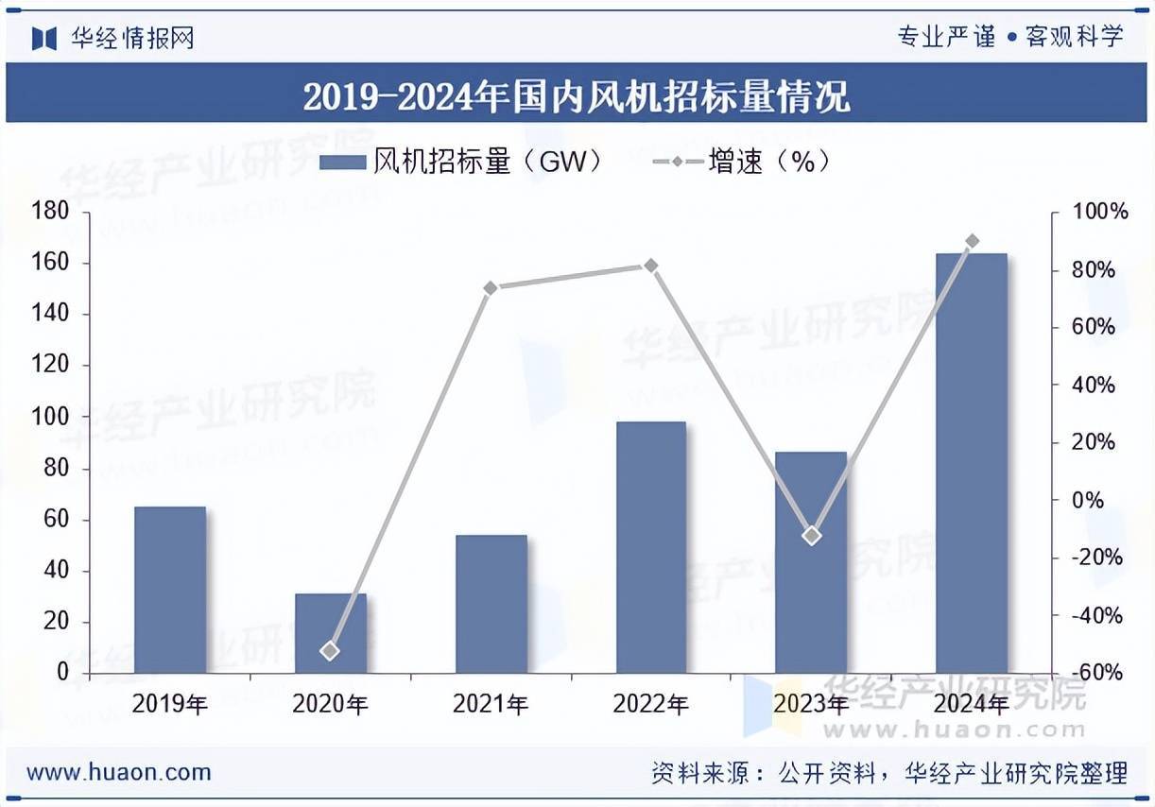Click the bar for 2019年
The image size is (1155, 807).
170,590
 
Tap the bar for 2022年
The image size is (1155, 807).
651,547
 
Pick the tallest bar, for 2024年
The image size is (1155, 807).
972,463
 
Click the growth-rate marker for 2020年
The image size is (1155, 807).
330,650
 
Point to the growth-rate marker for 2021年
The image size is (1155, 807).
491,287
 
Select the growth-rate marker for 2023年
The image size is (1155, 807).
811,536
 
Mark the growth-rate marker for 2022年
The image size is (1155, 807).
650,266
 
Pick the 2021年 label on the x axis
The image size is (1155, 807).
491,704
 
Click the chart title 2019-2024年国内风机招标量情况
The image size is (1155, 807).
577,96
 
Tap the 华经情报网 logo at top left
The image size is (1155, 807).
113,38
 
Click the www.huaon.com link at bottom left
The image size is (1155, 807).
118,772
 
